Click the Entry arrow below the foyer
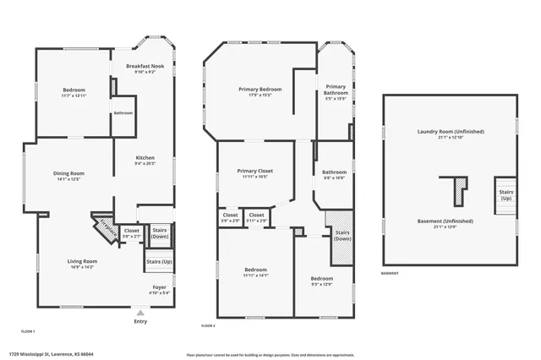(140, 313)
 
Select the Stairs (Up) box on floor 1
(159, 261)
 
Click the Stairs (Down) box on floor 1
(159, 233)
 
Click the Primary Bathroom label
(336, 90)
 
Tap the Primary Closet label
(255, 173)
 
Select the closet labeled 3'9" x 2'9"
(230, 217)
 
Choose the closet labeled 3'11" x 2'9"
(256, 217)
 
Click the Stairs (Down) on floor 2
(342, 235)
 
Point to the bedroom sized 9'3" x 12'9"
(321, 281)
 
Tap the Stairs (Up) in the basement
(505, 195)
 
